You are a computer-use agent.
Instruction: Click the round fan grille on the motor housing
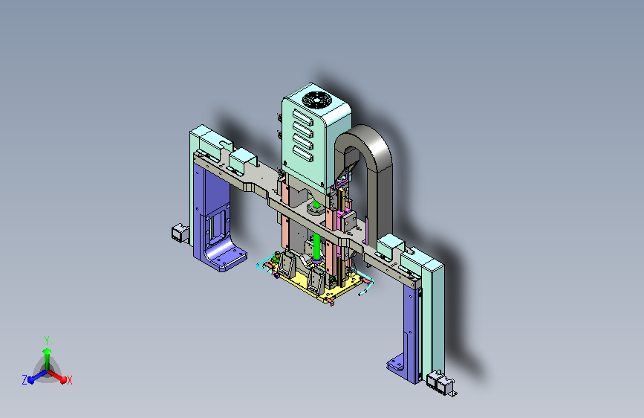pyautogui.click(x=316, y=100)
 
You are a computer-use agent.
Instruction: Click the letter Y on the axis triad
pyautogui.click(x=47, y=341)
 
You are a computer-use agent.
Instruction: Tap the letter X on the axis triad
pyautogui.click(x=69, y=381)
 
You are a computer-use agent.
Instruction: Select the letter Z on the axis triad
pyautogui.click(x=25, y=380)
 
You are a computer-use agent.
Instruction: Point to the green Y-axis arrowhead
pyautogui.click(x=48, y=351)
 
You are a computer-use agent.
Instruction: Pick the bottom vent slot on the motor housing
pyautogui.click(x=303, y=154)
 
